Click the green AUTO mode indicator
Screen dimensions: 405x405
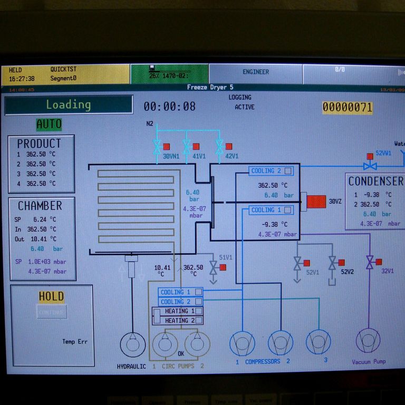[x=49, y=124]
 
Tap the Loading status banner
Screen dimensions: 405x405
[x=69, y=104]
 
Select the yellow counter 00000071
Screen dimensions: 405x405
[x=347, y=108]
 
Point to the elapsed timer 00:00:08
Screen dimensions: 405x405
[x=169, y=107]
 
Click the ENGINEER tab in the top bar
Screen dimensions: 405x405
[x=256, y=72]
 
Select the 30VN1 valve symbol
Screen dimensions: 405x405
[x=157, y=147]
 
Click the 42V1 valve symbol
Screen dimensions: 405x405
[x=219, y=147]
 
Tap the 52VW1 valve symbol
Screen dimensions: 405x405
[x=370, y=164]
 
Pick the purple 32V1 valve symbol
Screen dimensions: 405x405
[x=370, y=262]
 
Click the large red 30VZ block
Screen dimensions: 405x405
[x=316, y=201]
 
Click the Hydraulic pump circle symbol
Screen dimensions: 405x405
[x=132, y=344]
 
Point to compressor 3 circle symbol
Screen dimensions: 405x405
[x=318, y=342]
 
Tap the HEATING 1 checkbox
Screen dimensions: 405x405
[x=199, y=311]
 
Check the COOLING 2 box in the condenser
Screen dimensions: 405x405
[x=287, y=171]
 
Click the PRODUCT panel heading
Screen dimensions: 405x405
[x=39, y=143]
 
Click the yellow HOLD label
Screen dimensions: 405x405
[x=51, y=296]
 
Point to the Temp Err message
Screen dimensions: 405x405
[x=75, y=342]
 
